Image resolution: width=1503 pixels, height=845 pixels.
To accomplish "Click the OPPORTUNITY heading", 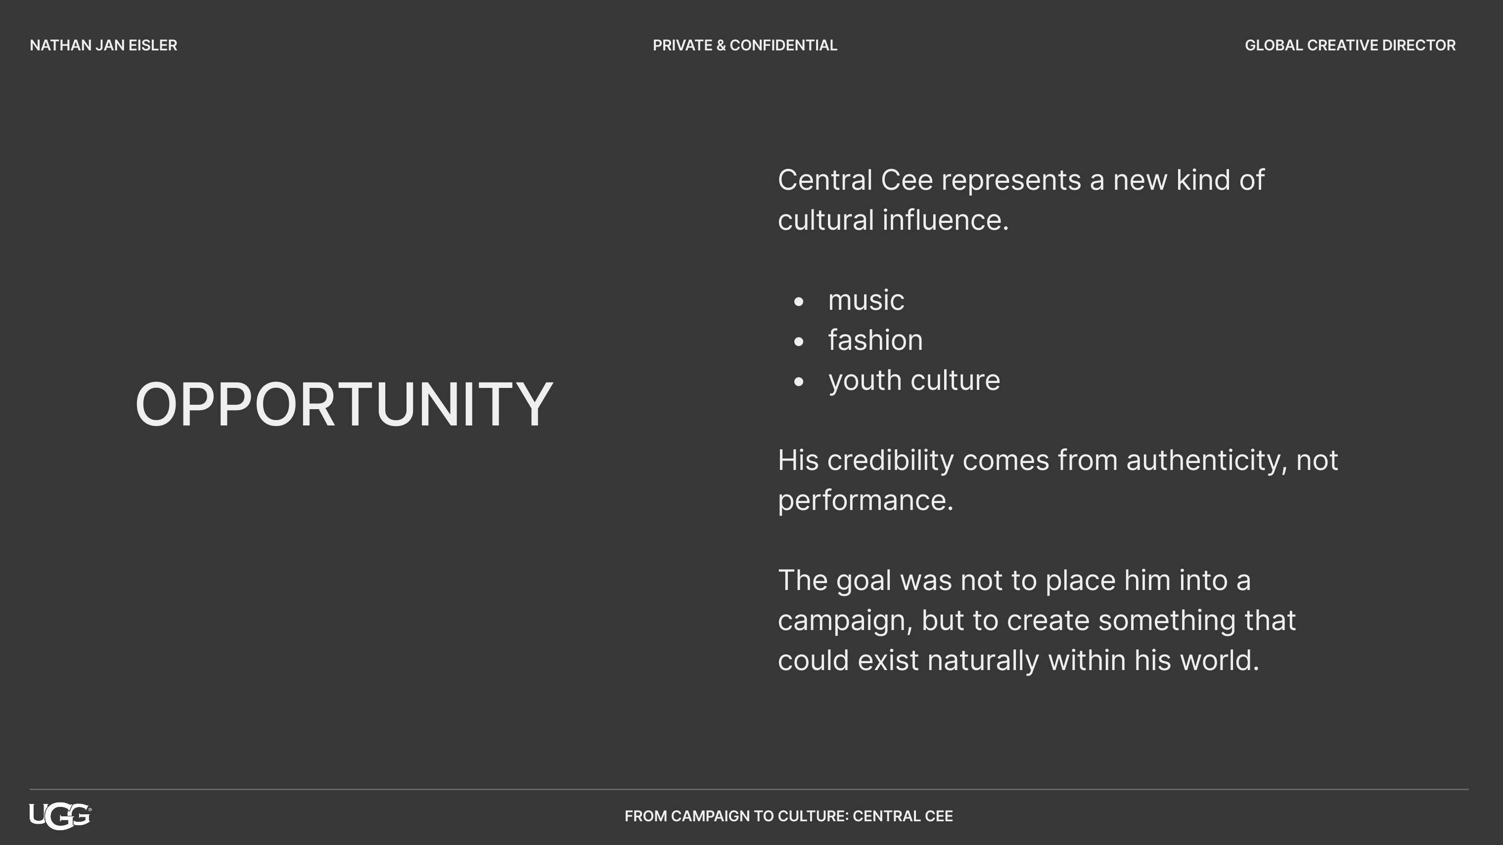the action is pyautogui.click(x=344, y=404).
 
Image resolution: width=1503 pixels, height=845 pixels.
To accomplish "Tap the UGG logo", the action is pyautogui.click(x=60, y=816).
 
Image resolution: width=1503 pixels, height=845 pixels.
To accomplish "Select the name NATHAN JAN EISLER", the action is pyautogui.click(x=103, y=45).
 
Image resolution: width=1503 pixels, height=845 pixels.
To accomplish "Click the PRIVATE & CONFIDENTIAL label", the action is pyautogui.click(x=744, y=45).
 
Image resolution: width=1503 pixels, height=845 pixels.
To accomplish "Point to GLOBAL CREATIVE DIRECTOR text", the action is pyautogui.click(x=1350, y=45).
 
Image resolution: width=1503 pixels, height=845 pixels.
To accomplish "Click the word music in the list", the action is pyautogui.click(x=866, y=300).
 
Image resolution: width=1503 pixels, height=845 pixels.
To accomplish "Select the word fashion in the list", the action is pyautogui.click(x=875, y=340).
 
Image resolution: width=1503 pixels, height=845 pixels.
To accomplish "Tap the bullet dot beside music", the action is pyautogui.click(x=799, y=301).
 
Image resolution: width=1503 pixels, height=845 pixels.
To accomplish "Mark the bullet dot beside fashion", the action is pyautogui.click(x=799, y=342).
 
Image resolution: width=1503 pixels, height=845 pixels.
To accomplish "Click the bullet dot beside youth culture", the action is pyautogui.click(x=799, y=382).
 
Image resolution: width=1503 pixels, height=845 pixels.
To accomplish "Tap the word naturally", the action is pyautogui.click(x=983, y=661).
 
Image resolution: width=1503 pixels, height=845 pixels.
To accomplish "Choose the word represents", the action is pyautogui.click(x=1011, y=181).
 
